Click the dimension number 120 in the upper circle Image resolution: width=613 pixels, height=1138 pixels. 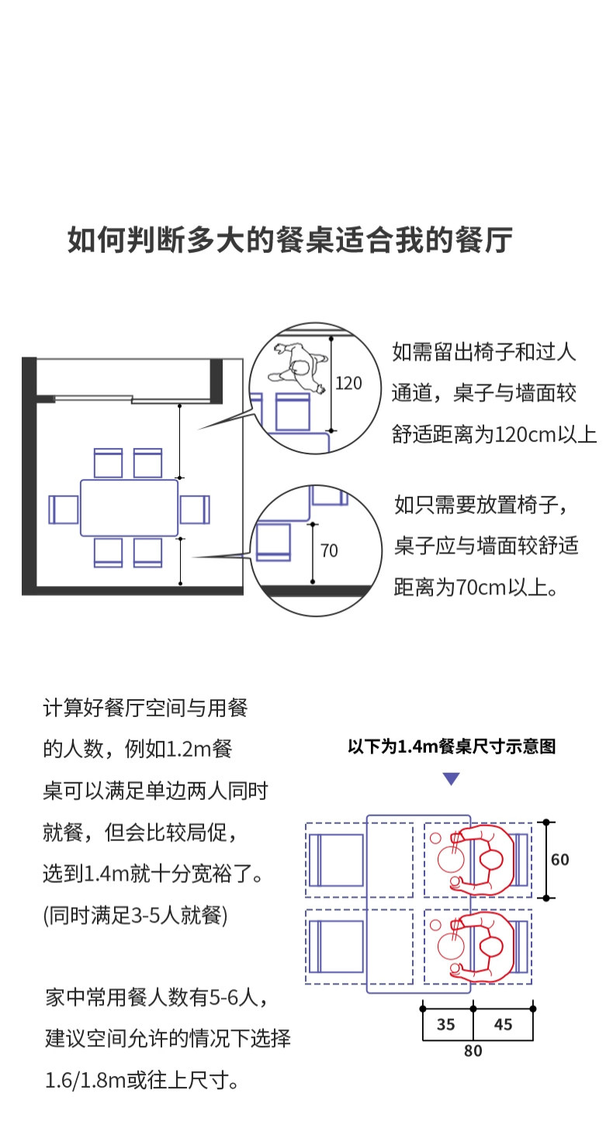tap(348, 383)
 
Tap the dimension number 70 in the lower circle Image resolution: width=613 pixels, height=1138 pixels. tap(329, 551)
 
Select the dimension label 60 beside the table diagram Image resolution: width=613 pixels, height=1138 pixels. tap(559, 860)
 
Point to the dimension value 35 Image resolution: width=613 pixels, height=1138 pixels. tap(446, 1025)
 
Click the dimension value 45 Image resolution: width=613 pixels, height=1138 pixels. tap(503, 1025)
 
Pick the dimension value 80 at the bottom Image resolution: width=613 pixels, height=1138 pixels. tap(473, 1051)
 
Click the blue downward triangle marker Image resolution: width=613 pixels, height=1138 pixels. tap(451, 779)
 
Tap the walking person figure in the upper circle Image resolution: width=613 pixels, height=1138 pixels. tap(296, 367)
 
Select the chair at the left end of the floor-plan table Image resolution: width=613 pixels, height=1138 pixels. tap(64, 509)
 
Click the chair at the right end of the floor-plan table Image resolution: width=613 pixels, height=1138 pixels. tap(195, 509)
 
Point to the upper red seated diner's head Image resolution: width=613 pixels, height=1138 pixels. tap(490, 860)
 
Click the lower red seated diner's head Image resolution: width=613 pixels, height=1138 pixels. tap(490, 947)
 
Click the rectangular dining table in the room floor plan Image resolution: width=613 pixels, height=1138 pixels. tap(130, 509)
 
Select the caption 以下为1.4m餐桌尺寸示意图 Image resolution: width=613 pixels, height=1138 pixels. tap(452, 747)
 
